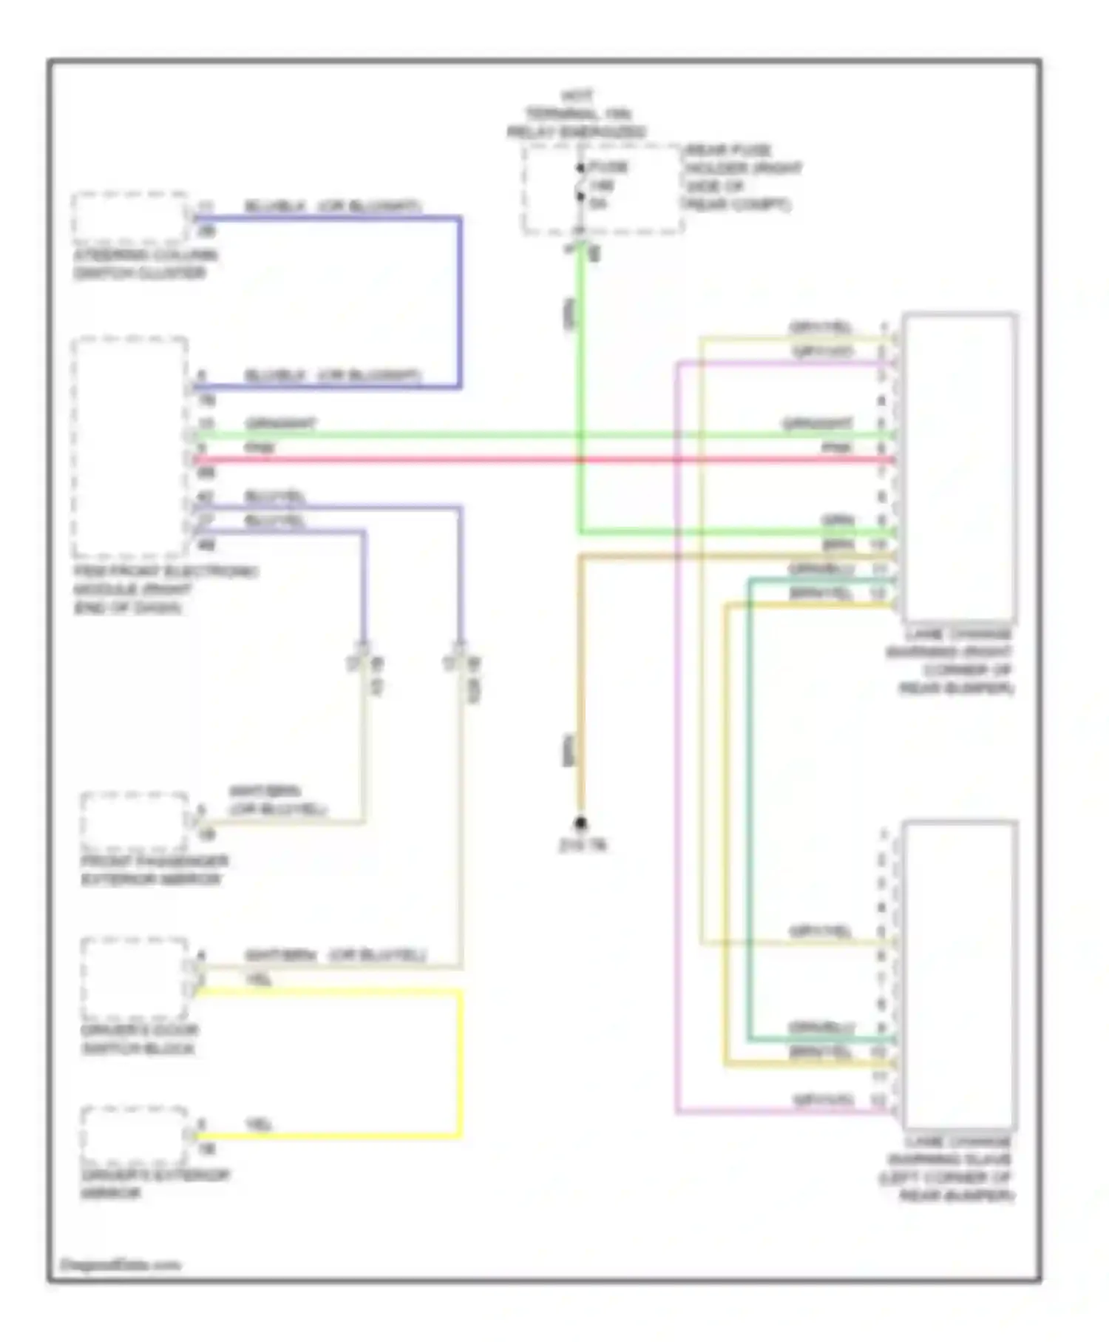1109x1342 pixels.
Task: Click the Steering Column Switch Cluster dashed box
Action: (130, 218)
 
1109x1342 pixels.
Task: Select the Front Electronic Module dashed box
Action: (130, 447)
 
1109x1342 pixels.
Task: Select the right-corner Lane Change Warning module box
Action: (959, 468)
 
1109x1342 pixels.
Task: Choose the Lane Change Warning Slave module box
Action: (959, 975)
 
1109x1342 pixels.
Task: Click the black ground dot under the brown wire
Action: (581, 823)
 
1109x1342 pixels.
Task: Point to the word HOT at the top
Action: (577, 96)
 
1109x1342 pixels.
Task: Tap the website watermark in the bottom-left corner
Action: (120, 1264)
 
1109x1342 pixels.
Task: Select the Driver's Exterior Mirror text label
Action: (155, 1184)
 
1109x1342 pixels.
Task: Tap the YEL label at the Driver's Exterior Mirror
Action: (260, 1124)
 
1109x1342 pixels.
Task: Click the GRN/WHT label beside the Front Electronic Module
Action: (281, 424)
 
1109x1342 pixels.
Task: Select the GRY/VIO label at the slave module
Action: (823, 1100)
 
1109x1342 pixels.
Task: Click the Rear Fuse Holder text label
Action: (742, 177)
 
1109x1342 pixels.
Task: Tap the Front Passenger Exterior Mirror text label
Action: (155, 870)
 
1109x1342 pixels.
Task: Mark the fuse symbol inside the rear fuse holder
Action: (581, 183)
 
